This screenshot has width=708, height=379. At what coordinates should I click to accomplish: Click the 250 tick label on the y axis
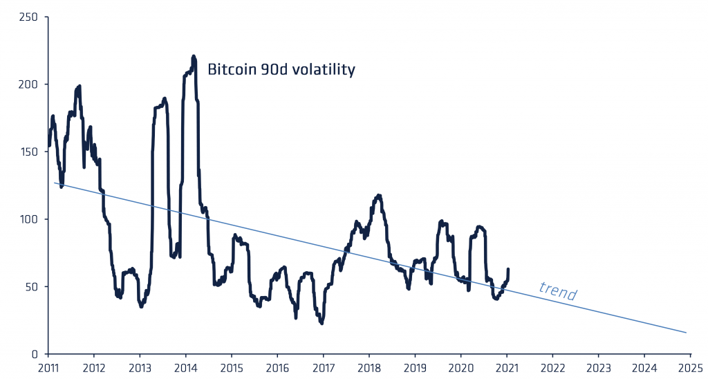click(28, 17)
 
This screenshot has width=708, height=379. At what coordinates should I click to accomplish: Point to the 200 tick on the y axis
click(28, 84)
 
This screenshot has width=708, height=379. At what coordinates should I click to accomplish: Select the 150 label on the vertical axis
click(28, 151)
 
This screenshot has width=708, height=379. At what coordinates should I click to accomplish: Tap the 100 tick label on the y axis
click(28, 219)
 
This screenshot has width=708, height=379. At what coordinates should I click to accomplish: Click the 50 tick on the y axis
click(31, 286)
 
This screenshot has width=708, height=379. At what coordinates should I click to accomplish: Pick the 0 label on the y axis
click(35, 354)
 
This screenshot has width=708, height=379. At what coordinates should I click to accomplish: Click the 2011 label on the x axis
click(48, 367)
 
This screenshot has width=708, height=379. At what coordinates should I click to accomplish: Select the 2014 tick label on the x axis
click(185, 367)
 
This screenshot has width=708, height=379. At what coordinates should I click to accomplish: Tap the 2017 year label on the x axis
click(323, 367)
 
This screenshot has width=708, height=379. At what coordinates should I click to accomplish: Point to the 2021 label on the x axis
click(506, 367)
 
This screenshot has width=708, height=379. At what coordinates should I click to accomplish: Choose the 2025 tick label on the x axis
click(689, 367)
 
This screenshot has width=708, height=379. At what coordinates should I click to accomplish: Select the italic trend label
click(557, 292)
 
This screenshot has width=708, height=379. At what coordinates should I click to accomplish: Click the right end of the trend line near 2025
click(686, 333)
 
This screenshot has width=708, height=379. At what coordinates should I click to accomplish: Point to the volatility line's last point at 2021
click(508, 270)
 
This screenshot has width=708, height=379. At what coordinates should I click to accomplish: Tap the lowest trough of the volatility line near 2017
click(322, 323)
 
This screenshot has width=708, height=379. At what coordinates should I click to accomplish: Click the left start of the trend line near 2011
click(55, 183)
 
